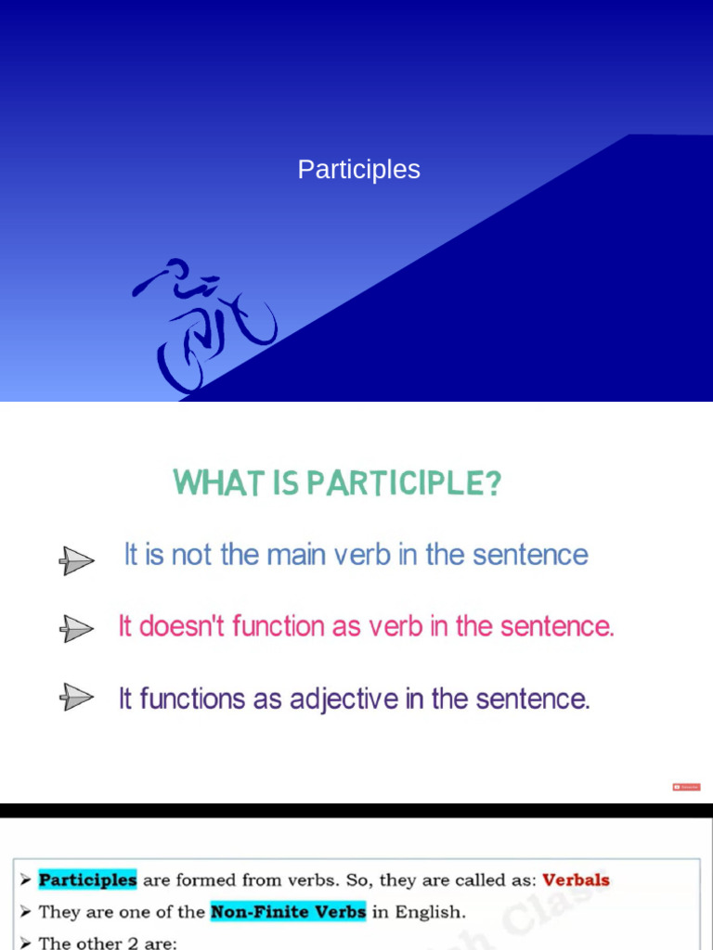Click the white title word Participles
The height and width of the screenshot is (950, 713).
click(x=358, y=170)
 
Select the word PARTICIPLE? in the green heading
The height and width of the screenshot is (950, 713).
click(x=405, y=483)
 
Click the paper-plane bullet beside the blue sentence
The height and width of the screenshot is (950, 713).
click(x=77, y=559)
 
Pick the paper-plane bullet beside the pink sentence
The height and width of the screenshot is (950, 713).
click(x=77, y=629)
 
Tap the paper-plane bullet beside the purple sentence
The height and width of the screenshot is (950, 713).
click(x=77, y=697)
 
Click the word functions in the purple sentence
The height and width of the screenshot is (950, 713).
click(x=191, y=699)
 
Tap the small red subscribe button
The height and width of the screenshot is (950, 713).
click(x=686, y=787)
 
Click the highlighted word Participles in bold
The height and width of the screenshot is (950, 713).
click(x=87, y=879)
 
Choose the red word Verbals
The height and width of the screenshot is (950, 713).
click(x=576, y=879)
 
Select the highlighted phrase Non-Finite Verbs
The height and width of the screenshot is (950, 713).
click(x=288, y=912)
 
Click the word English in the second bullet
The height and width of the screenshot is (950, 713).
click(x=430, y=912)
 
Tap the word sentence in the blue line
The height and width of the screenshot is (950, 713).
click(x=530, y=555)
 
